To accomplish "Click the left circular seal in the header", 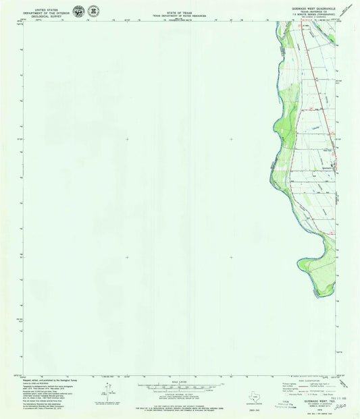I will [x=79, y=11].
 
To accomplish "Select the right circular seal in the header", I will [x=93, y=11].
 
